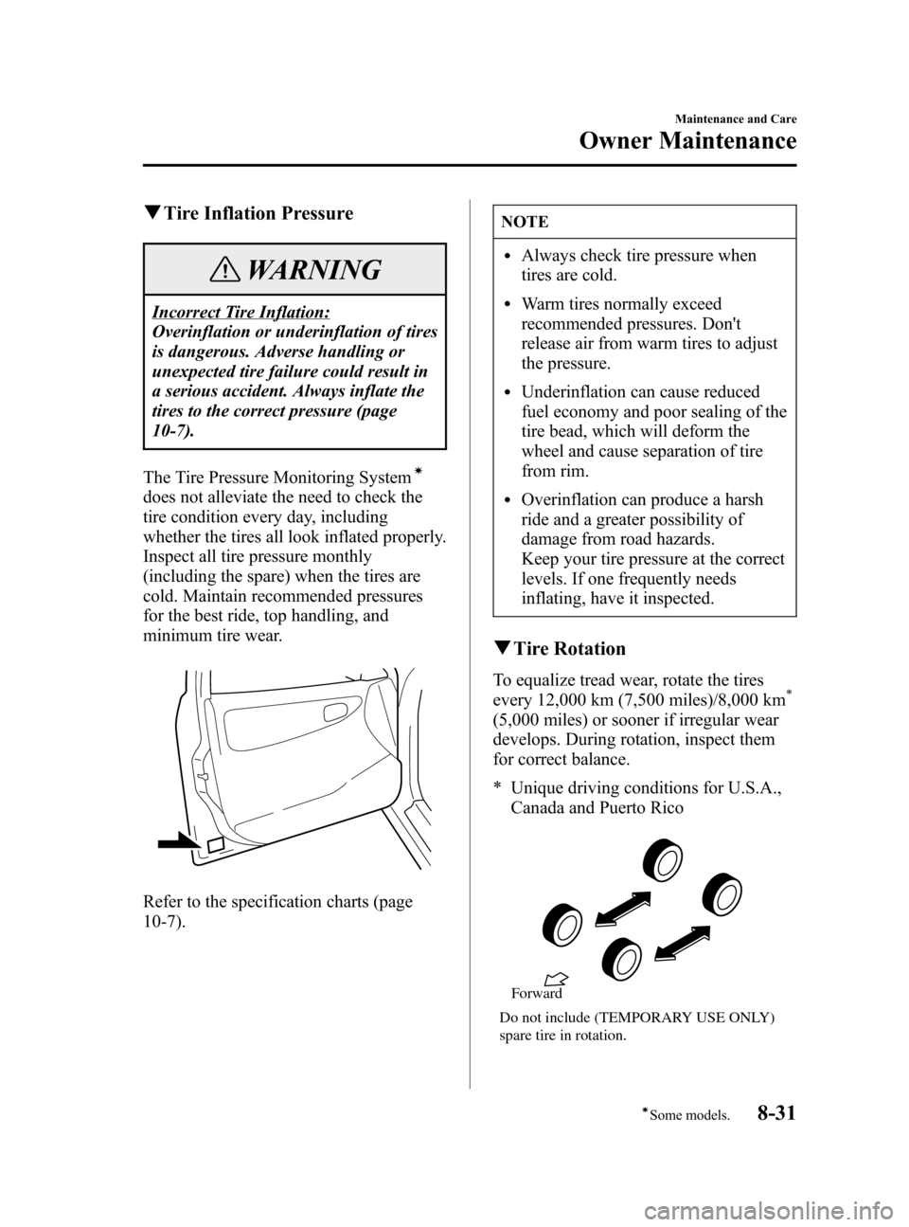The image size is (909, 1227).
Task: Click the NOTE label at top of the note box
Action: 526,222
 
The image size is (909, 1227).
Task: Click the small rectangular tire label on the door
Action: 216,844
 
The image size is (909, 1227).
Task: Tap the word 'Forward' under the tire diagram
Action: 537,994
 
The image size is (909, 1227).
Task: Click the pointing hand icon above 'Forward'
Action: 556,978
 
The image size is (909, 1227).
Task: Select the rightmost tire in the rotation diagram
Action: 722,893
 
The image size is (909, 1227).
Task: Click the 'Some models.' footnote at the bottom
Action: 694,1117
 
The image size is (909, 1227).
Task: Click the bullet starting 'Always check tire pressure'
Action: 639,265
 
